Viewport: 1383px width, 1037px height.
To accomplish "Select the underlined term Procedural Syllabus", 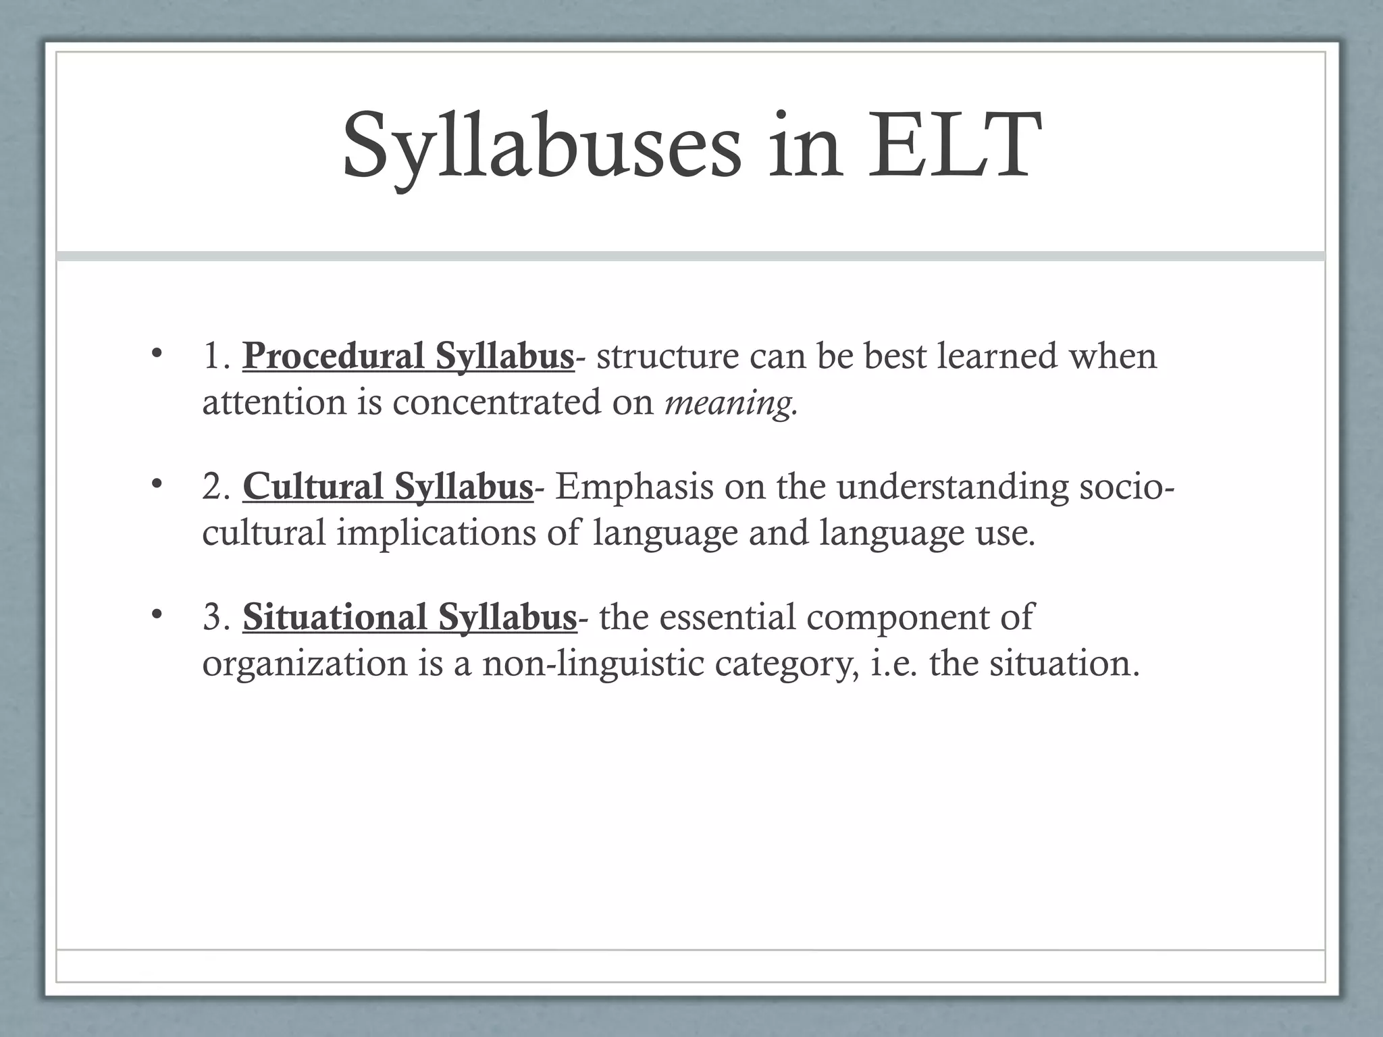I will pos(409,356).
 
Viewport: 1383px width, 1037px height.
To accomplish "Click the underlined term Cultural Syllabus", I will pos(388,487).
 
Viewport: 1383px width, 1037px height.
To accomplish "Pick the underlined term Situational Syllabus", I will pos(410,617).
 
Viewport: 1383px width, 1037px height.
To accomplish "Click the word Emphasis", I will pos(634,487).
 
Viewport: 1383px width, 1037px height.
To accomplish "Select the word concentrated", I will pos(496,402).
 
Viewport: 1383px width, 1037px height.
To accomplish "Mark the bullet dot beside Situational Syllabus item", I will pos(157,614).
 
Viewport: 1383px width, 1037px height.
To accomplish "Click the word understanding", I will pos(953,487).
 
